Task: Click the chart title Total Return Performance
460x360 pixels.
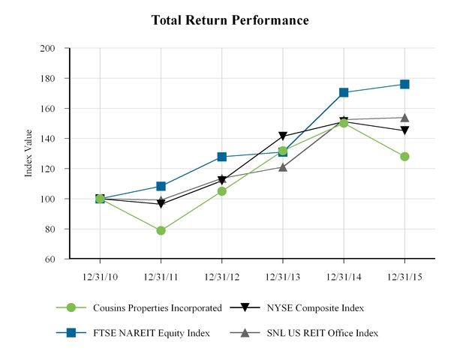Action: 230,20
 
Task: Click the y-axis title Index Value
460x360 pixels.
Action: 29,153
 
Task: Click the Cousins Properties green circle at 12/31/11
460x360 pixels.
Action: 161,230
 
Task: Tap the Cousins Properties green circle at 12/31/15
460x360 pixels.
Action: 404,157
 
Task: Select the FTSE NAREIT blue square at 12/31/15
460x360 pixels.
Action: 404,84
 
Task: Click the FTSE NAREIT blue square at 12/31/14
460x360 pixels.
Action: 344,92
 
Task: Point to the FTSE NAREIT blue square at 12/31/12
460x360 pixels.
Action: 222,157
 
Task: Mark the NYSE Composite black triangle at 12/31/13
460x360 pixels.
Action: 283,136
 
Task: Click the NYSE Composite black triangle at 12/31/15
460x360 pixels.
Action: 404,130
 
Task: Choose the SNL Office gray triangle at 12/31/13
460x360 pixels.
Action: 283,167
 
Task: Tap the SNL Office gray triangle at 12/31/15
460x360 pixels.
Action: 404,117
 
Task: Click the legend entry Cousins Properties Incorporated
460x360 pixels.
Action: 157,307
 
